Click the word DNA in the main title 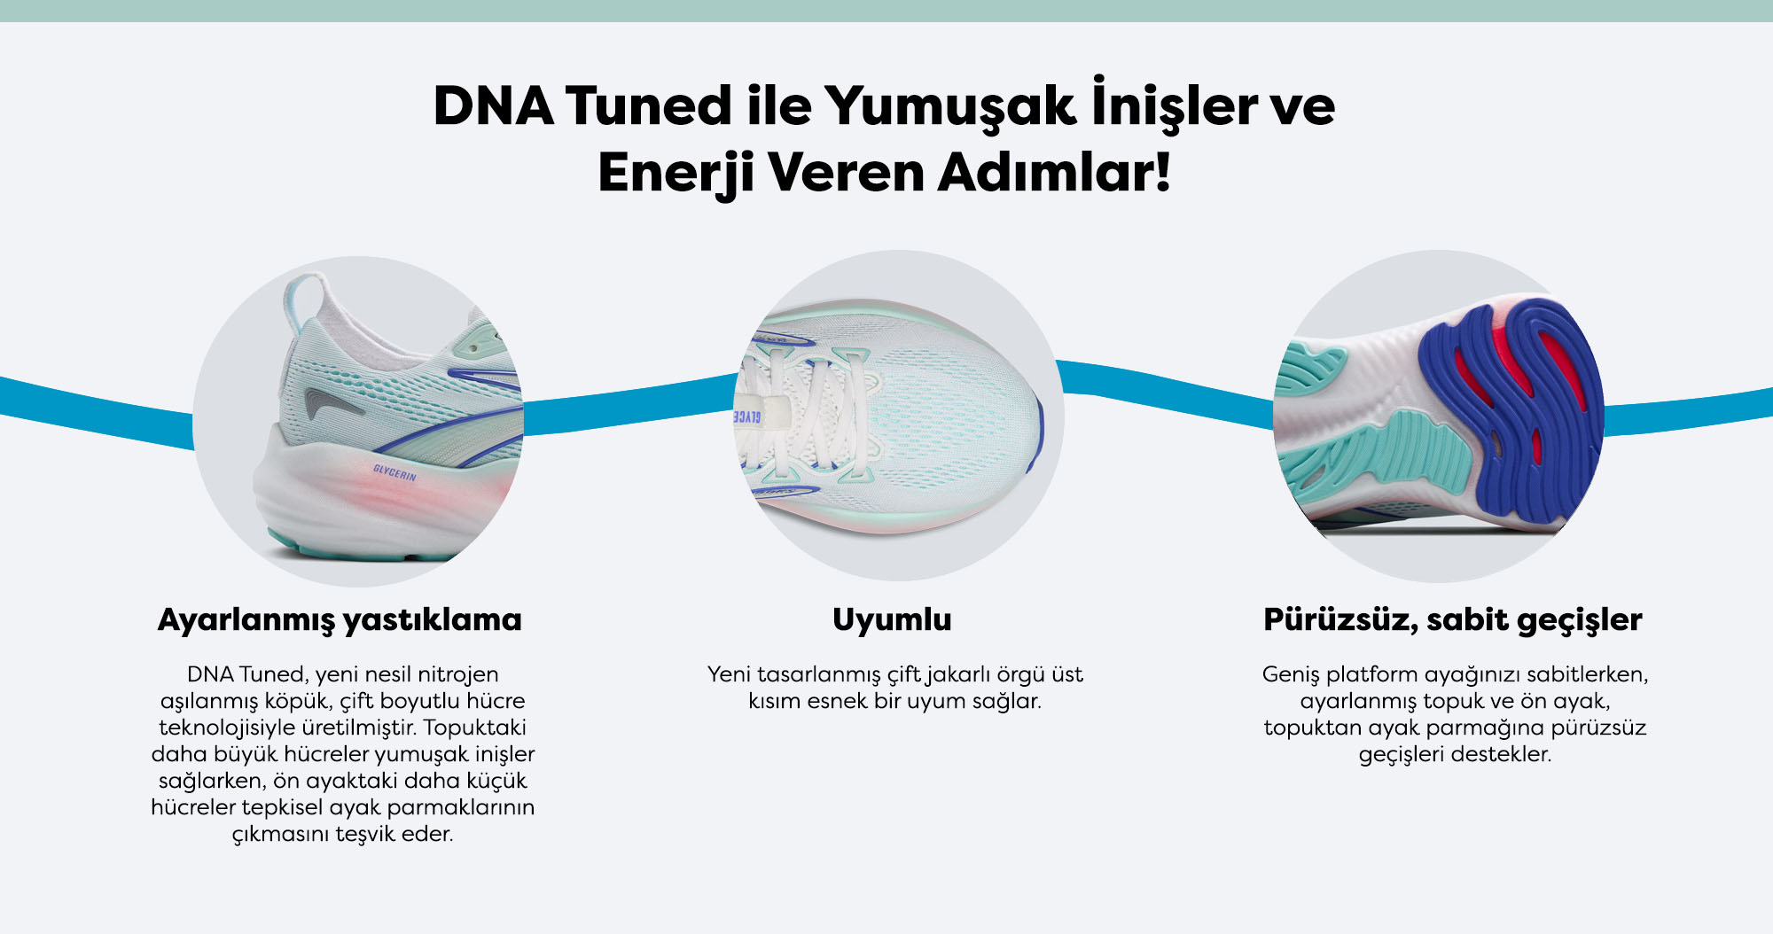(494, 106)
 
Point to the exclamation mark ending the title (1161, 172)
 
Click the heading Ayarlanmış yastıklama (340, 620)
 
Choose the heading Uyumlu (892, 619)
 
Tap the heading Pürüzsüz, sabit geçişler (1453, 620)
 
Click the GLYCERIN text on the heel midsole (394, 472)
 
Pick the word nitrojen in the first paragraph (457, 675)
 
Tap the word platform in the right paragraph (1373, 675)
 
